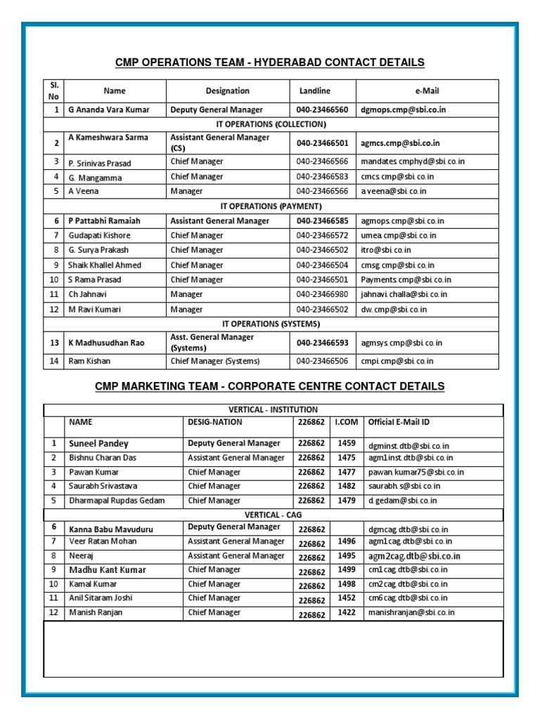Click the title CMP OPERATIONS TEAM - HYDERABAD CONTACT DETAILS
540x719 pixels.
[x=270, y=63]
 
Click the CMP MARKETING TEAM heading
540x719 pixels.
[x=270, y=386]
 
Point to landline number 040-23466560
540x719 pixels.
[x=322, y=110]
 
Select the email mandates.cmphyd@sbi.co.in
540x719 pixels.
[x=412, y=161]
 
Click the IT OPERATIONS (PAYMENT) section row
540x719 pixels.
[x=271, y=206]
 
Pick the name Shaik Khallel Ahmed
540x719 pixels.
[x=105, y=265]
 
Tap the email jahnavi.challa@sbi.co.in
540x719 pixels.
[x=404, y=294]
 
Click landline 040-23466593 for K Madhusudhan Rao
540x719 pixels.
[x=322, y=343]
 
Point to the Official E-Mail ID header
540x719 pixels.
[x=399, y=422]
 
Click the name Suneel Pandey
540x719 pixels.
[x=98, y=444]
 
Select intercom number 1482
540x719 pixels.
[x=347, y=485]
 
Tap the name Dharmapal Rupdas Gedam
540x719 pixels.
[x=117, y=501]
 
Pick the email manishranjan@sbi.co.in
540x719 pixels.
[x=411, y=612]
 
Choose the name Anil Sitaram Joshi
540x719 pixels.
[x=101, y=598]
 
